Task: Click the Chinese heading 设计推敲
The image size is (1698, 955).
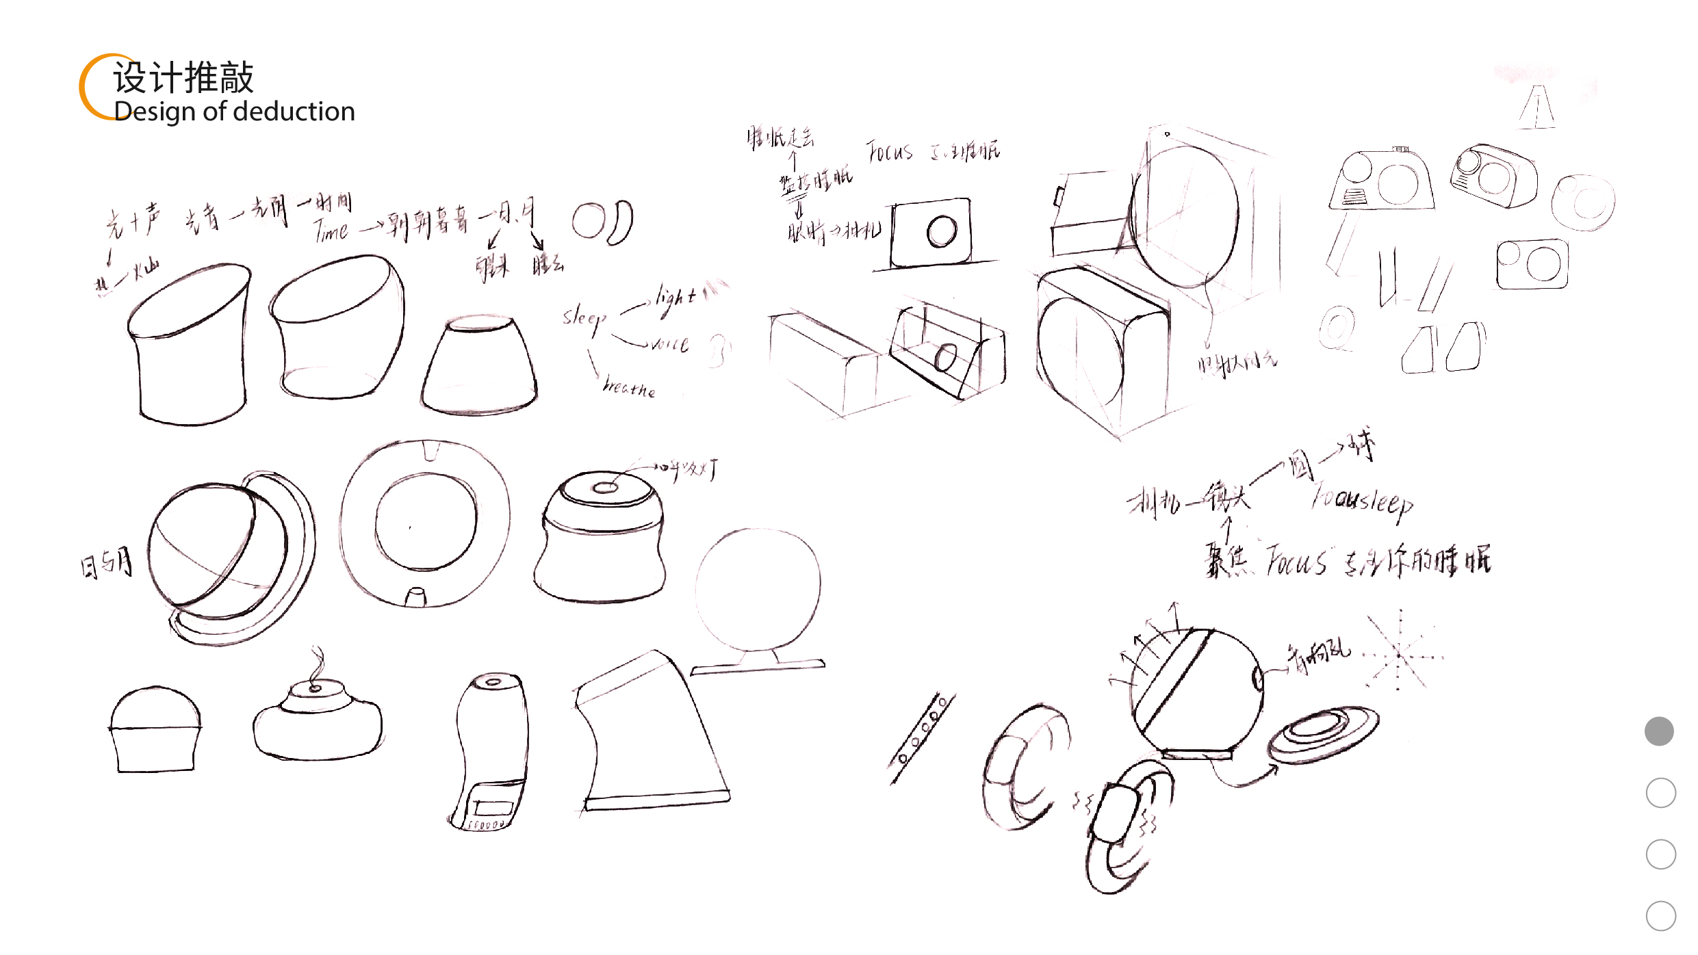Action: pyautogui.click(x=183, y=77)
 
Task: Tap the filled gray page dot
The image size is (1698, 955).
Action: pyautogui.click(x=1659, y=731)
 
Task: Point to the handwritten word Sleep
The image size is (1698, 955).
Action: pyautogui.click(x=584, y=319)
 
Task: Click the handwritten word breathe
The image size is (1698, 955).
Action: pyautogui.click(x=628, y=387)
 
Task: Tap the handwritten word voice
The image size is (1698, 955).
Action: pyautogui.click(x=669, y=344)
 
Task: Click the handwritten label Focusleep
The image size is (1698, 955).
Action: pyautogui.click(x=1362, y=502)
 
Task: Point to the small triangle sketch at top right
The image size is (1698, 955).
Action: pyautogui.click(x=1537, y=108)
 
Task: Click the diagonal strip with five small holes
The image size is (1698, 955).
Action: pyautogui.click(x=921, y=739)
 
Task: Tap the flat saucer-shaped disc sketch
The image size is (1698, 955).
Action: pyautogui.click(x=1323, y=734)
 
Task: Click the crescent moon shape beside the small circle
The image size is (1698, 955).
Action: pyautogui.click(x=621, y=223)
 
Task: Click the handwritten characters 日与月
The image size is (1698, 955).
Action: pyautogui.click(x=107, y=563)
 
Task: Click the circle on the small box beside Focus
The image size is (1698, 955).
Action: pyautogui.click(x=942, y=231)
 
